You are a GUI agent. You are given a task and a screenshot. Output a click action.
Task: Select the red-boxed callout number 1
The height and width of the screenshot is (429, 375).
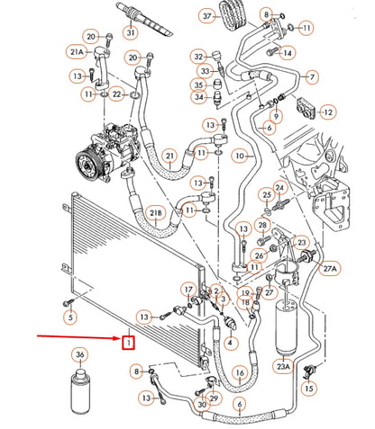[130, 343]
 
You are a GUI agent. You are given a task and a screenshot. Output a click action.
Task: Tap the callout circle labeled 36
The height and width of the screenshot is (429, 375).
[81, 355]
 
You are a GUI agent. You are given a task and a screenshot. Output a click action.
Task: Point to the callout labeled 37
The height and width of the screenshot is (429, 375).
[207, 16]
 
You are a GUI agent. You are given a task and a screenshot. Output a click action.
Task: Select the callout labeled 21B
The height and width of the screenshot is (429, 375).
[156, 213]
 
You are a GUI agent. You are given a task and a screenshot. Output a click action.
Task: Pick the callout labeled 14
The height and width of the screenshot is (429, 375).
[288, 53]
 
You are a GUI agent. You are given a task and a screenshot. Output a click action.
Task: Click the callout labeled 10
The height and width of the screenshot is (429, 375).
[239, 156]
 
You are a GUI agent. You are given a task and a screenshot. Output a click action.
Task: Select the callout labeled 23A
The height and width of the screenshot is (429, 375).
[285, 366]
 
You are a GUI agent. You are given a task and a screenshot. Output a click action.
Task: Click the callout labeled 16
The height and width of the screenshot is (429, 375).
[239, 371]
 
